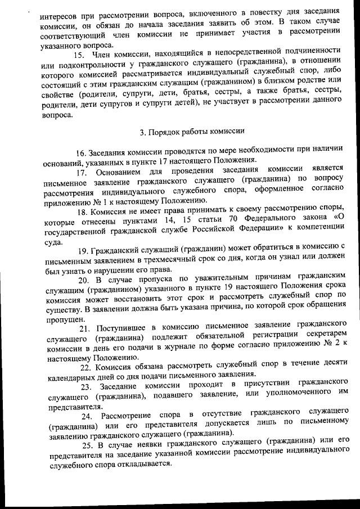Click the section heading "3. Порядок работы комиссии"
(x=192, y=133)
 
